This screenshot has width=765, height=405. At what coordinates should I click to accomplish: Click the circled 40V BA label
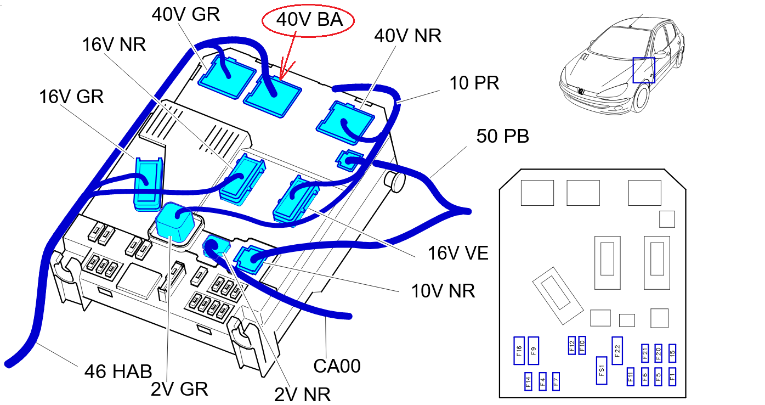pos(309,21)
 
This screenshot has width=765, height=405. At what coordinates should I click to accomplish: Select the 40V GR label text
pos(185,15)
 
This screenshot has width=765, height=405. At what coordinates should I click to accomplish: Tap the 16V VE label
pos(458,253)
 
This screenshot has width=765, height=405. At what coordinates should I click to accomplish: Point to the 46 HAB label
pos(118,372)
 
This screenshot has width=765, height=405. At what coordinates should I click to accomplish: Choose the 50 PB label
pos(502,136)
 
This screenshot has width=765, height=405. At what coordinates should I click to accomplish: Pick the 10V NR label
pos(443,291)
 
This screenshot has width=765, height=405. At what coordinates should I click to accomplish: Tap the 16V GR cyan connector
pos(148,184)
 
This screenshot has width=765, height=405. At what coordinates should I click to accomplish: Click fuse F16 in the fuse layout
pos(519,350)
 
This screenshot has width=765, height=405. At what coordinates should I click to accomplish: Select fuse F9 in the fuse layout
pos(533,350)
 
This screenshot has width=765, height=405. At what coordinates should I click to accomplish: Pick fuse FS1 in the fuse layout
pos(602,370)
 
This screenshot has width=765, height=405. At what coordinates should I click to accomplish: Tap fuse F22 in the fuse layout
pos(617,350)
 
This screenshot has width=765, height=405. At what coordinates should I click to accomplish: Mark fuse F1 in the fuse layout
pos(672,376)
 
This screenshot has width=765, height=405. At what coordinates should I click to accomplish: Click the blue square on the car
pos(644,70)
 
